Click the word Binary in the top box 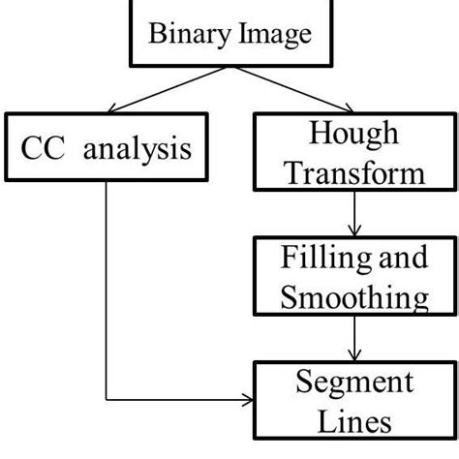tap(182, 37)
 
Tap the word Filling tap(320, 258)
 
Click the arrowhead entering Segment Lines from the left tap(250, 399)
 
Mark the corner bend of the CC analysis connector tap(105, 399)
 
